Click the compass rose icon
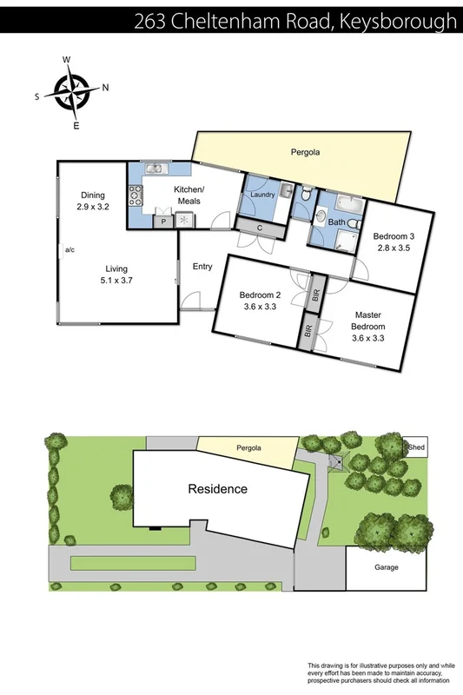coord(72,92)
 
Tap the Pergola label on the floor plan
coord(305,152)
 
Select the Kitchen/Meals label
coord(189,195)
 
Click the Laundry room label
coord(262,195)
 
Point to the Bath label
coord(336,222)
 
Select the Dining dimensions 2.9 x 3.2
coord(95,208)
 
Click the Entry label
coord(202,267)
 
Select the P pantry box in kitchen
coord(163,222)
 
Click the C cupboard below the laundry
coord(261,228)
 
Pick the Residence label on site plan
coord(218,489)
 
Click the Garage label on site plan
coord(387,567)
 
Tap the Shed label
coord(417,448)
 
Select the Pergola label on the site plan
coord(249,449)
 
